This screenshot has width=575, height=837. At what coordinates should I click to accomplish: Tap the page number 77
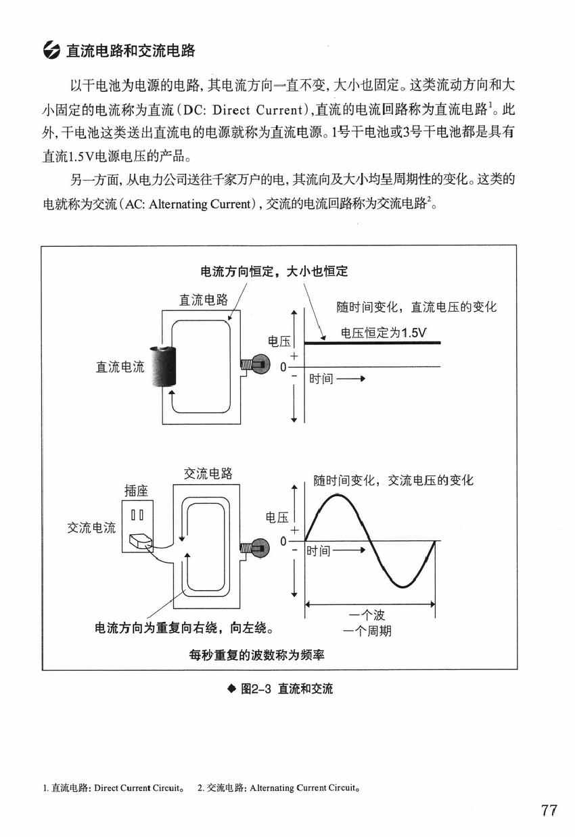point(549,811)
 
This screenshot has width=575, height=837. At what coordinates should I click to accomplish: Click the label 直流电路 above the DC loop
point(203,300)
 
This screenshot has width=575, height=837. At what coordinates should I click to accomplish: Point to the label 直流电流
point(120,367)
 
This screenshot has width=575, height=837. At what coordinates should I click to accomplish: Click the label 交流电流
point(91,527)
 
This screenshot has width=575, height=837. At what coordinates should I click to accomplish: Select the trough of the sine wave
point(402,585)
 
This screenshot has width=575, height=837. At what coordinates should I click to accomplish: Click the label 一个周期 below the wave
point(367,631)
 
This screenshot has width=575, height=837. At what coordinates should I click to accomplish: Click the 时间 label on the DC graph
point(322,379)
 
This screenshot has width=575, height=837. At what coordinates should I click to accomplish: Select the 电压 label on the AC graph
point(277,517)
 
